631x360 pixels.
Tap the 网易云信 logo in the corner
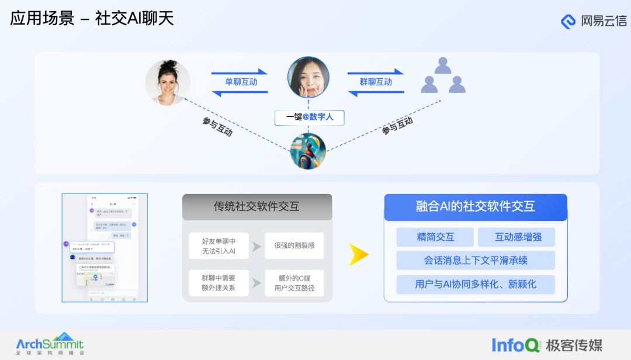point(593,22)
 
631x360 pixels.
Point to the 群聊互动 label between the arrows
point(376,82)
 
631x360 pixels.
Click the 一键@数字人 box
point(310,117)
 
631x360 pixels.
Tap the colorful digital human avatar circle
point(308,151)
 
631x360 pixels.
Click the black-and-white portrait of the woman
point(168,82)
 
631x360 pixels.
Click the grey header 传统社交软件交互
point(257,206)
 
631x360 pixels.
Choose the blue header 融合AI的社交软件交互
point(475,206)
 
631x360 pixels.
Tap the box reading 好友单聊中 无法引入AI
point(219,246)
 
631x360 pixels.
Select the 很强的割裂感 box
point(294,246)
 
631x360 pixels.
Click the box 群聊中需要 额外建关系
point(219,283)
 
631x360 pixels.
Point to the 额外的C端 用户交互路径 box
point(294,283)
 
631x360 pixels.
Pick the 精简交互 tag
point(435,237)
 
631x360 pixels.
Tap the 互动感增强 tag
point(516,237)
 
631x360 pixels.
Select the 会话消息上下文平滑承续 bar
point(475,260)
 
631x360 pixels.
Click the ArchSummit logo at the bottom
point(50,344)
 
